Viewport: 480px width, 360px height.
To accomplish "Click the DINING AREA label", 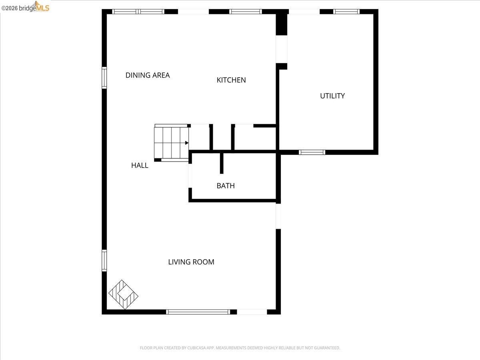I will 148,75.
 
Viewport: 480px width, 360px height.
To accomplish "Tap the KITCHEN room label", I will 231,80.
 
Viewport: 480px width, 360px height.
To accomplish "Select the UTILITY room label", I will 332,96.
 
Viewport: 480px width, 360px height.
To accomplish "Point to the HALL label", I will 140,165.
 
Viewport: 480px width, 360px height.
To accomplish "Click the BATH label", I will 226,186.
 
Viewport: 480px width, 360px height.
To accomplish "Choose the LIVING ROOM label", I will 191,262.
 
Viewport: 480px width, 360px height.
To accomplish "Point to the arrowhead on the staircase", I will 187,143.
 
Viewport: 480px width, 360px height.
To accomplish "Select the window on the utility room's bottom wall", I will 312,152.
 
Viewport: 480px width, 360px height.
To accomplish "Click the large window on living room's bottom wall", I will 198,312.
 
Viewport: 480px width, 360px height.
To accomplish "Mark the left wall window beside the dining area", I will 104,78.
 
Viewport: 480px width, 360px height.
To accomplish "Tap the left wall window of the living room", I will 104,260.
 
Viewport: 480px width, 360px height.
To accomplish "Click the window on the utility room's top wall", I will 346,12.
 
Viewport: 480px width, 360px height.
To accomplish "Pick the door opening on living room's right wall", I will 278,216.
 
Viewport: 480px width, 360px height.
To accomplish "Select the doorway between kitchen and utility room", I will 282,49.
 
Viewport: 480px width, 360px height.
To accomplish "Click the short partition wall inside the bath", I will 222,163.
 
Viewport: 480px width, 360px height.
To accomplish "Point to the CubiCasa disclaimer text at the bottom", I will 240,348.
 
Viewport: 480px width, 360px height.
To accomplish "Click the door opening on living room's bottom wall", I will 252,312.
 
